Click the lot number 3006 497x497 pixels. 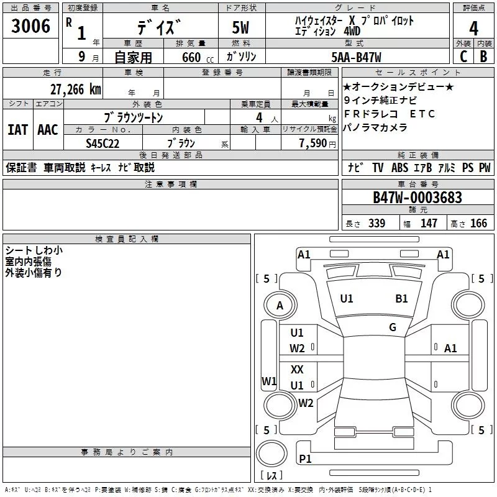(x=30, y=26)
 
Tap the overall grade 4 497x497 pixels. (x=473, y=29)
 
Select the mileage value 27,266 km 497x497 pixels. (x=75, y=89)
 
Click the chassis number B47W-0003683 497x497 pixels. (x=417, y=198)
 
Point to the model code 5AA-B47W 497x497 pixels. (x=356, y=57)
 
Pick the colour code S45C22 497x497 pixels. (x=103, y=144)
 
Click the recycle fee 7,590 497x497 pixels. (x=313, y=144)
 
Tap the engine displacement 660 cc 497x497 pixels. (x=198, y=57)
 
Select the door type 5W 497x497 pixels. (x=240, y=27)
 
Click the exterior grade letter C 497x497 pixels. (x=463, y=57)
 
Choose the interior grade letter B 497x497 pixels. (x=483, y=57)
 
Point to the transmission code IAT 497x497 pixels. (x=18, y=130)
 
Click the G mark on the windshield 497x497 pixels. (x=393, y=327)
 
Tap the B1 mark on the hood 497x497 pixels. (x=401, y=298)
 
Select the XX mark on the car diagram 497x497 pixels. (x=297, y=369)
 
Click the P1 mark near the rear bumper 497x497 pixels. (x=305, y=458)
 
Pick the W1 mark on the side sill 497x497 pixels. (x=269, y=381)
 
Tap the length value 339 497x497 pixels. (x=376, y=223)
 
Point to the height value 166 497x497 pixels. (x=478, y=223)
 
